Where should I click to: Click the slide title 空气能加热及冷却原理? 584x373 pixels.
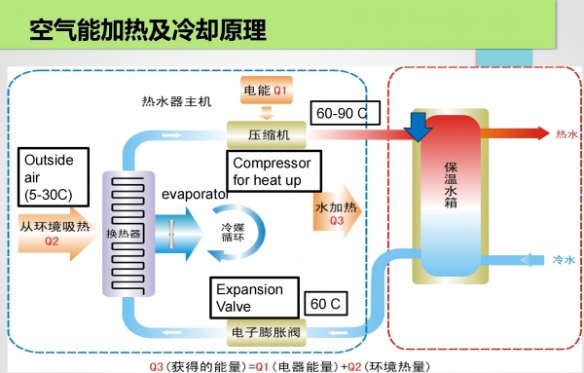click(x=148, y=30)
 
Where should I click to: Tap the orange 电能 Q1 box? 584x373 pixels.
click(x=267, y=91)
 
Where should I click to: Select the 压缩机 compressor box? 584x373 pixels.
click(x=267, y=134)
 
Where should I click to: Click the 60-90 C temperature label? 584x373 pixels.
click(x=346, y=113)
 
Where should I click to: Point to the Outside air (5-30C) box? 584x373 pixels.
click(x=54, y=177)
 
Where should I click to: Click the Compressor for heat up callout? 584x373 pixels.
click(x=274, y=171)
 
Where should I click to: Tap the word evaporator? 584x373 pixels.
click(x=195, y=195)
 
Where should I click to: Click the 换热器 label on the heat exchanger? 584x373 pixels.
click(x=124, y=234)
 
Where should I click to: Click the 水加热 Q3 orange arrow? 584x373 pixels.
click(x=337, y=211)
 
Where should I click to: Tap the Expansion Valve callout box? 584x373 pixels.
click(x=254, y=298)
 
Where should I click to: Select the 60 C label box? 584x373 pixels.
click(x=326, y=304)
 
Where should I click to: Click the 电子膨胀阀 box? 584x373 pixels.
click(x=267, y=332)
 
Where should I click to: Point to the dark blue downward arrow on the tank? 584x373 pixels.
click(x=419, y=127)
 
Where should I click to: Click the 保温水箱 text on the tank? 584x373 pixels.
click(x=451, y=185)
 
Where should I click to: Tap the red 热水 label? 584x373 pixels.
click(x=566, y=133)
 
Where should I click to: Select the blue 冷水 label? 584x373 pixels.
click(x=564, y=260)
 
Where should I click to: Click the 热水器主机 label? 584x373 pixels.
click(x=176, y=101)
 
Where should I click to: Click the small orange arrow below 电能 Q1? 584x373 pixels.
click(x=267, y=113)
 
